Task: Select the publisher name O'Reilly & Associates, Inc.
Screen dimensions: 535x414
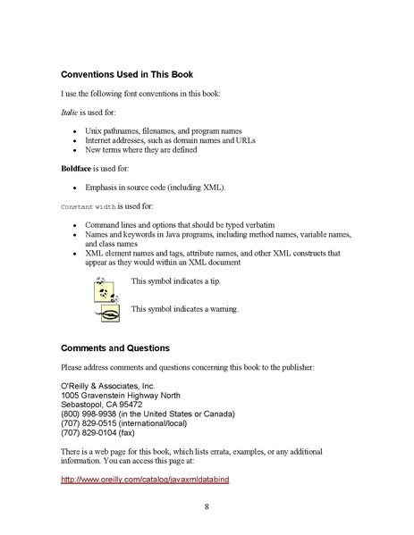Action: click(x=107, y=384)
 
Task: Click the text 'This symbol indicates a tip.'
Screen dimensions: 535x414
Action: click(x=175, y=282)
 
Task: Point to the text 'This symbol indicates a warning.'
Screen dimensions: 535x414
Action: click(x=184, y=309)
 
